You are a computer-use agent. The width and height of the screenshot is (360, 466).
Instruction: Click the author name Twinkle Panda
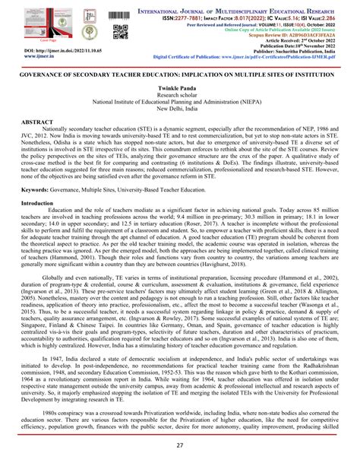(x=181, y=89)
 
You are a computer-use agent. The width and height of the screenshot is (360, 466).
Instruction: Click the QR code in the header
(x=119, y=32)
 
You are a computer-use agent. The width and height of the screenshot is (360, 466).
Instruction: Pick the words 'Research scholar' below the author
(x=181, y=96)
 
